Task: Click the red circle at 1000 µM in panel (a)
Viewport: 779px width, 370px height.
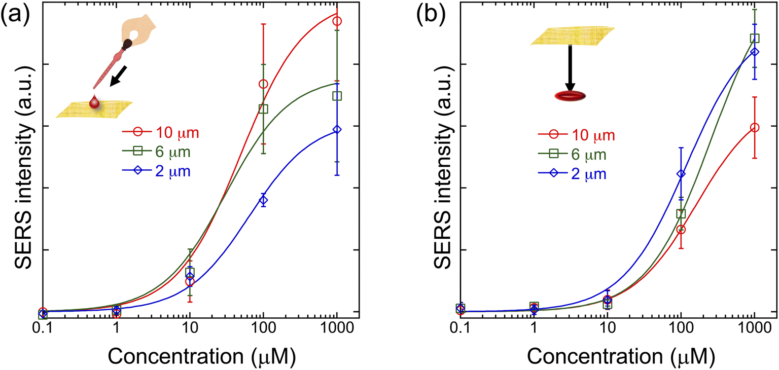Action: click(337, 21)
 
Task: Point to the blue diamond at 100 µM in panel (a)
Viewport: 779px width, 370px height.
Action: click(263, 200)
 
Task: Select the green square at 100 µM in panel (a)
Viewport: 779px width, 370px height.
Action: click(263, 109)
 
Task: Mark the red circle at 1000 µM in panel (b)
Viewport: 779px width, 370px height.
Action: click(754, 128)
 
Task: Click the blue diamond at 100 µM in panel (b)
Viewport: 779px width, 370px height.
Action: click(681, 174)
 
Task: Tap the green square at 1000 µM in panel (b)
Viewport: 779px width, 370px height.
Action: click(754, 38)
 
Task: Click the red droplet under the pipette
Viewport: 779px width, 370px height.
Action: click(93, 102)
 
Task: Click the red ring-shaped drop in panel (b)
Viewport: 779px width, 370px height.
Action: click(570, 96)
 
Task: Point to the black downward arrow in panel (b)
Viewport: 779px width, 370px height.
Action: click(570, 68)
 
